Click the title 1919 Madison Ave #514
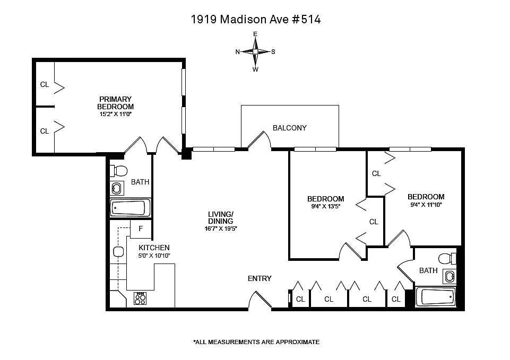point(256,20)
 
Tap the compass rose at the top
point(255,51)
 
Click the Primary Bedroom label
point(116,103)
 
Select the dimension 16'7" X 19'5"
point(221,229)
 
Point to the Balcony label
point(289,128)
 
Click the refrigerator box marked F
point(141,229)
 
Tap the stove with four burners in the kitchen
point(140,298)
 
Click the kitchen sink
point(118,251)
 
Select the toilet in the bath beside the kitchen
point(118,171)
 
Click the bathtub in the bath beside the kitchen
point(130,208)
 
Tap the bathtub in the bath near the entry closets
point(436,297)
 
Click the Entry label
point(260,278)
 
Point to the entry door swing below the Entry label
point(260,300)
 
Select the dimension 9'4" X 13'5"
point(325,206)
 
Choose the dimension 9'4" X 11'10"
point(426,205)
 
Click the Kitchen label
point(154,248)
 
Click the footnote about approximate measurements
point(256,342)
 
